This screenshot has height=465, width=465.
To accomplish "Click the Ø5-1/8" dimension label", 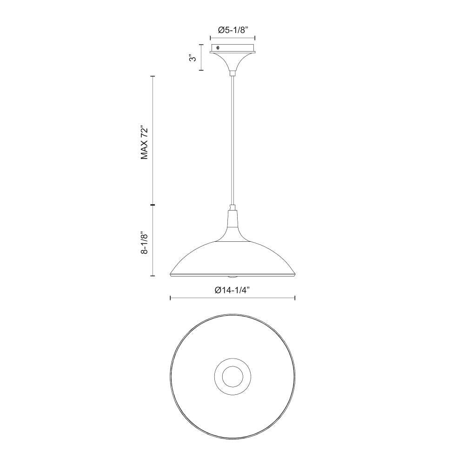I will pos(232,30).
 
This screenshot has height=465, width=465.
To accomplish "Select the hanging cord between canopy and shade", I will pos(232,139).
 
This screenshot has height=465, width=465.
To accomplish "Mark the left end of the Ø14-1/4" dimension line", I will pos(171,298).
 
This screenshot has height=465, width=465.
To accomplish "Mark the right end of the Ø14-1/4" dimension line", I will pos(295,298).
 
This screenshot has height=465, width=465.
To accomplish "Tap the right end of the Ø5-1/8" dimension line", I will pos(255,39).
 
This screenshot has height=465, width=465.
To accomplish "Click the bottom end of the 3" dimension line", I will pos(201,70).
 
